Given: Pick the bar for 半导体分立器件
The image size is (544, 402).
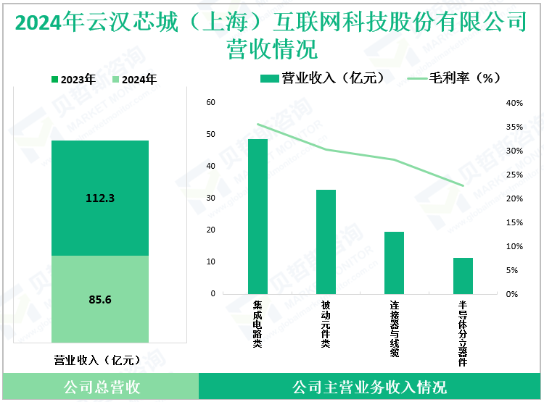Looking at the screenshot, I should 463,275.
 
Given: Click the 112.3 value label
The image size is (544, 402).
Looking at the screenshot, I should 100,197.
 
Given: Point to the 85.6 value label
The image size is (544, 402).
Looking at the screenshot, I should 100,298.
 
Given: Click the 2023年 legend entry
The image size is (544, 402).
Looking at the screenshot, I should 73,80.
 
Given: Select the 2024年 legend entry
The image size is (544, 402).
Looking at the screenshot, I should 134,80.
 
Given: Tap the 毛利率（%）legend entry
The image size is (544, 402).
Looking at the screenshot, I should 455,78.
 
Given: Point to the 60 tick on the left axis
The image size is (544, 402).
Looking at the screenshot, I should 211,102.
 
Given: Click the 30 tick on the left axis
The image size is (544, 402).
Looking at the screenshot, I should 211,198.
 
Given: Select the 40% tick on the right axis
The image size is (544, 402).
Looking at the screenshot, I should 514,103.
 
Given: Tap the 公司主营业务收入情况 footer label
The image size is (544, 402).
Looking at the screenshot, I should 369,387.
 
